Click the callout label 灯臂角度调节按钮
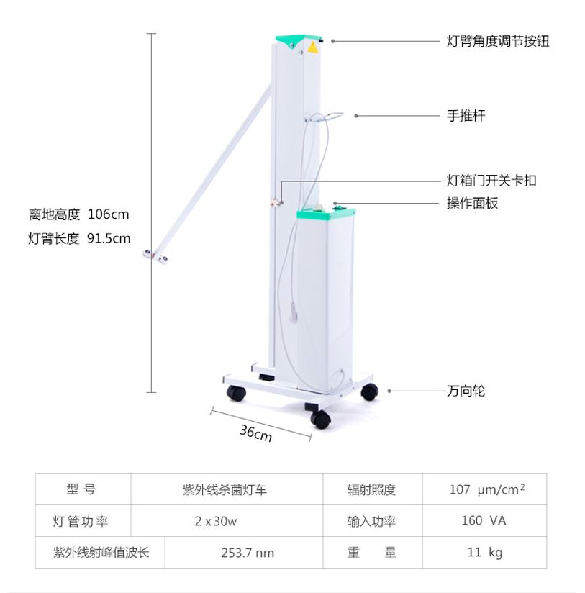pyautogui.click(x=498, y=41)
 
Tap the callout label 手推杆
pyautogui.click(x=466, y=115)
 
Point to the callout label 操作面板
pyautogui.click(x=472, y=204)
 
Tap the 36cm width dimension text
pyautogui.click(x=255, y=433)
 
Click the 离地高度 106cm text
pyautogui.click(x=79, y=214)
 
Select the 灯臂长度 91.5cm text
pyautogui.click(x=79, y=238)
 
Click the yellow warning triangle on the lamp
pyautogui.click(x=313, y=47)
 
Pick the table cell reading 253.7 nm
pyautogui.click(x=247, y=553)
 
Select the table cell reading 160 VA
pyautogui.click(x=484, y=520)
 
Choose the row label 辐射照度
pyautogui.click(x=371, y=490)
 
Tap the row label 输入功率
pyautogui.click(x=371, y=521)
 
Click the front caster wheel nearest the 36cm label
pyautogui.click(x=320, y=420)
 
